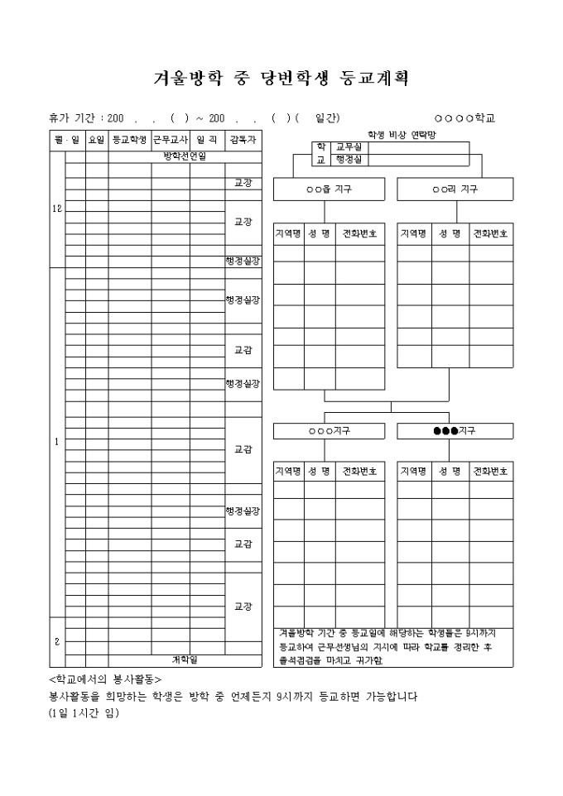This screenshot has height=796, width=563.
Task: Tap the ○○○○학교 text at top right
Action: pos(464,118)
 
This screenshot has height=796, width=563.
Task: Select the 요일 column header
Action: pos(96,139)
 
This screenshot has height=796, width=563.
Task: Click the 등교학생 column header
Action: pos(129,139)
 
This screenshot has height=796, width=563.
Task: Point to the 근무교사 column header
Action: pos(171,139)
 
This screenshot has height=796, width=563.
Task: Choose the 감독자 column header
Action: pos(243,139)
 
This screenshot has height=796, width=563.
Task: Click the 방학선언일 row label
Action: pos(185,156)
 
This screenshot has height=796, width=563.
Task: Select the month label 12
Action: pos(57,209)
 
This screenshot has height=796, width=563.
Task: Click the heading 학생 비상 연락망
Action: pos(402,134)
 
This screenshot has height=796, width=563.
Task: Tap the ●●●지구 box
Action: pos(455,431)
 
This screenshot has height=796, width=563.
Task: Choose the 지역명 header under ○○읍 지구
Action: pos(288,234)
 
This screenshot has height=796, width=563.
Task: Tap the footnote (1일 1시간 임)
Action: pos(84,712)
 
